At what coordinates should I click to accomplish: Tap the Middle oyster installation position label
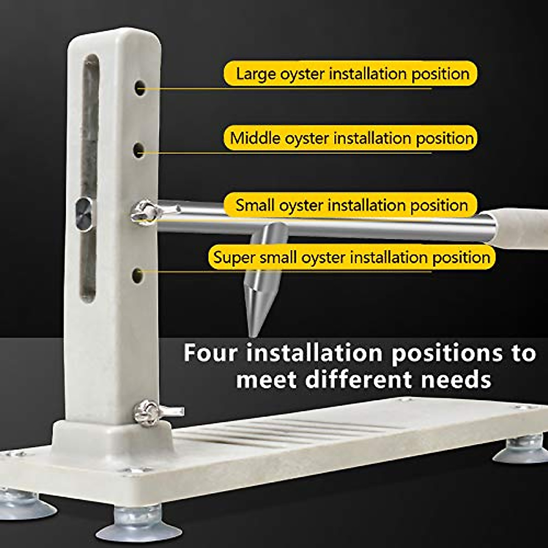[351, 138]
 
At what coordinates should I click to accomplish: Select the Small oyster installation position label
[351, 205]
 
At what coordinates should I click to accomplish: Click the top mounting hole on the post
[140, 87]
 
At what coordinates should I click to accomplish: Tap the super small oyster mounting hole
[137, 275]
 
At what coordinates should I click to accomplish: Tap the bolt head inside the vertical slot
[85, 213]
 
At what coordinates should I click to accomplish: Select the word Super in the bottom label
[235, 257]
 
